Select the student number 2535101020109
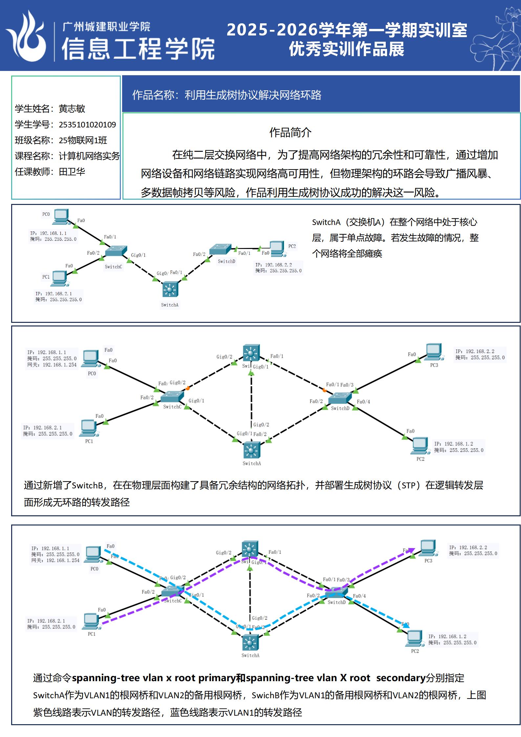coord(87,125)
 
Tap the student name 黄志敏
coord(72,109)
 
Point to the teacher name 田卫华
coord(72,172)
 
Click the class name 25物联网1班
coord(83,141)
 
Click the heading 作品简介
coord(290,133)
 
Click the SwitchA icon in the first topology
coord(170,290)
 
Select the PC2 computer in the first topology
coord(277,249)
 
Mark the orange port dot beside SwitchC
coord(187,389)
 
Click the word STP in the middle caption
coord(408,485)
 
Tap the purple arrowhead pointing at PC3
coord(411,550)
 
